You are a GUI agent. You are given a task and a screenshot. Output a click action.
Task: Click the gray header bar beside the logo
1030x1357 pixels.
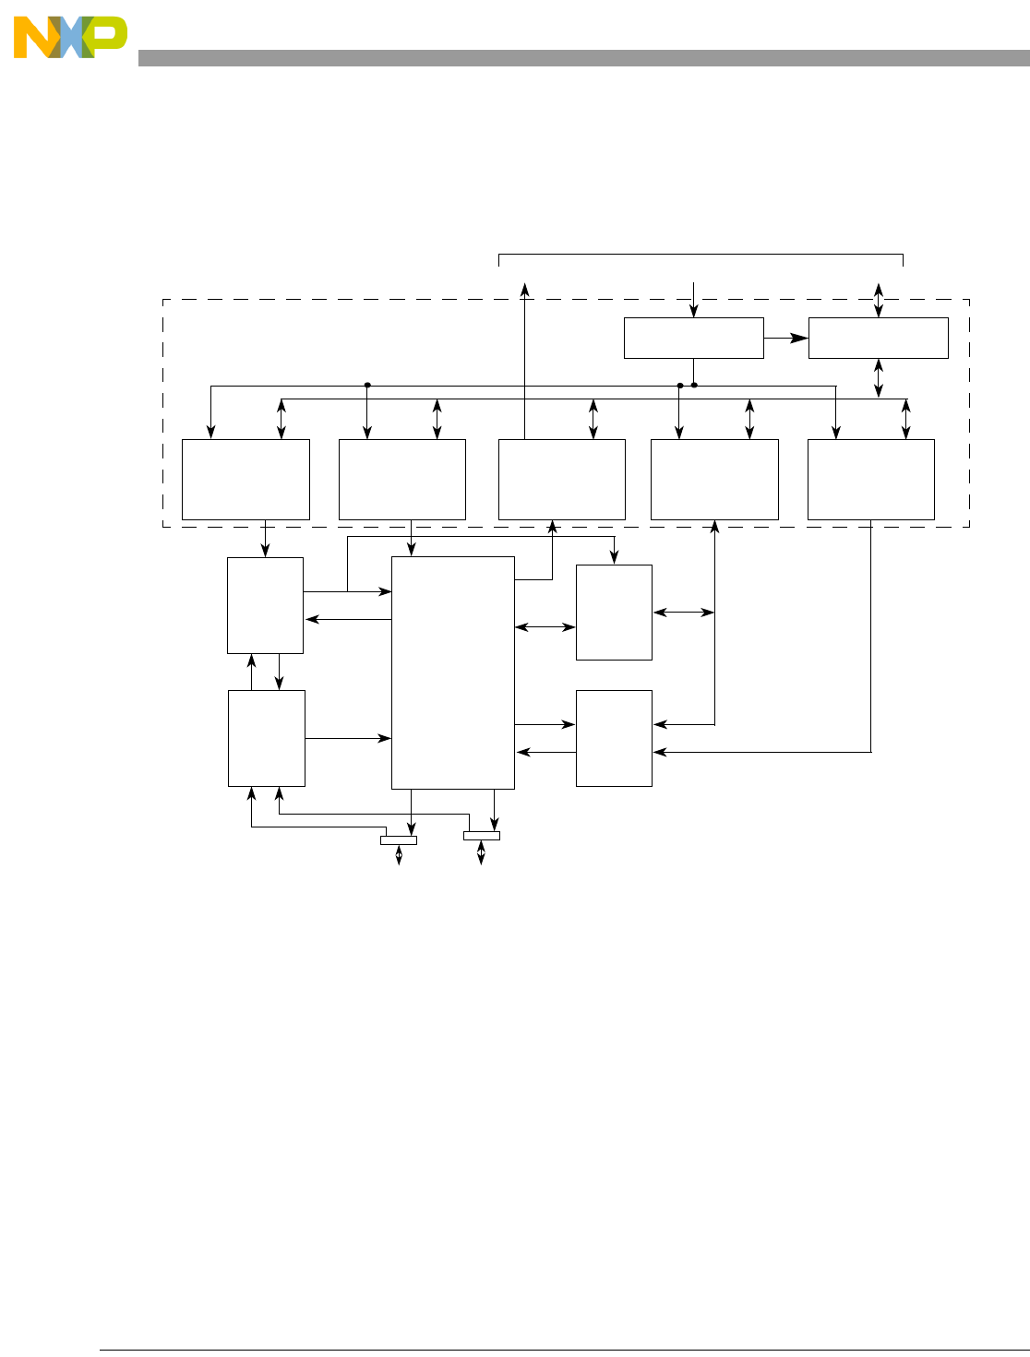(x=581, y=58)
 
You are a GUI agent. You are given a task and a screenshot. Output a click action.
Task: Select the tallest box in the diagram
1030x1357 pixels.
(x=452, y=673)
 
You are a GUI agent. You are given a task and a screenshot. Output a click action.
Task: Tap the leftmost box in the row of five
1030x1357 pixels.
(x=246, y=479)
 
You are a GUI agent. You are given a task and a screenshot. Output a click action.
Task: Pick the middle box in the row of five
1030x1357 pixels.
(x=561, y=479)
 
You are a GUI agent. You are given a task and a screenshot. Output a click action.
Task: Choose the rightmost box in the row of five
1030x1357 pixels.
(x=870, y=479)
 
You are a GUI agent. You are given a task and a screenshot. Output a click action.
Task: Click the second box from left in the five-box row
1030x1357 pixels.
(x=401, y=479)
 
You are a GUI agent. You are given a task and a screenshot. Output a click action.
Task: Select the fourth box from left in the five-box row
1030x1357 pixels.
(x=714, y=479)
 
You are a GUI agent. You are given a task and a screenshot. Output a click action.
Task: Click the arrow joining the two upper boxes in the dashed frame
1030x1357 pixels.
(x=785, y=338)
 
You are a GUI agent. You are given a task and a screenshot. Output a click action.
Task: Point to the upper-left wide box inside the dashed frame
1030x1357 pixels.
(x=693, y=338)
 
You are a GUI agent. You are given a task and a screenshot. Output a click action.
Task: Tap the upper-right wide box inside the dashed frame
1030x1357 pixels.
(x=878, y=338)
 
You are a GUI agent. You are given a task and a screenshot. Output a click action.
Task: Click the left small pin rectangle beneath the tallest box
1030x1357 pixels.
(x=399, y=839)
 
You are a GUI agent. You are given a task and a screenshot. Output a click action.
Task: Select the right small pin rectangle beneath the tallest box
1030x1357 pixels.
(x=481, y=836)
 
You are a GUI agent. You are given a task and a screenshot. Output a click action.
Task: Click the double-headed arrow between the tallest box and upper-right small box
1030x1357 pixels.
(x=545, y=627)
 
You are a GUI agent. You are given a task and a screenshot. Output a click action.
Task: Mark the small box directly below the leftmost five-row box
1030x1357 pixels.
(x=265, y=605)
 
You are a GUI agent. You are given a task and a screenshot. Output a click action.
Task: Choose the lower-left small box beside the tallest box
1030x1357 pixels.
(x=266, y=738)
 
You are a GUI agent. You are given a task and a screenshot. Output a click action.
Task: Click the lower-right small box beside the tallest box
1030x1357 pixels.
(x=614, y=738)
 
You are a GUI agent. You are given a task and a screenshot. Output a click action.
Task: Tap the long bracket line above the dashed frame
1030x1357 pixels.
(x=701, y=254)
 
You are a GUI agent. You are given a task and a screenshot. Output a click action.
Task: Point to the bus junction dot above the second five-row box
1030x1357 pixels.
(x=367, y=385)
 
